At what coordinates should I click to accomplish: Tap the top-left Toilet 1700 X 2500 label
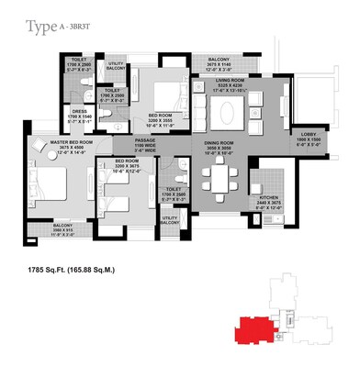[82, 65]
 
